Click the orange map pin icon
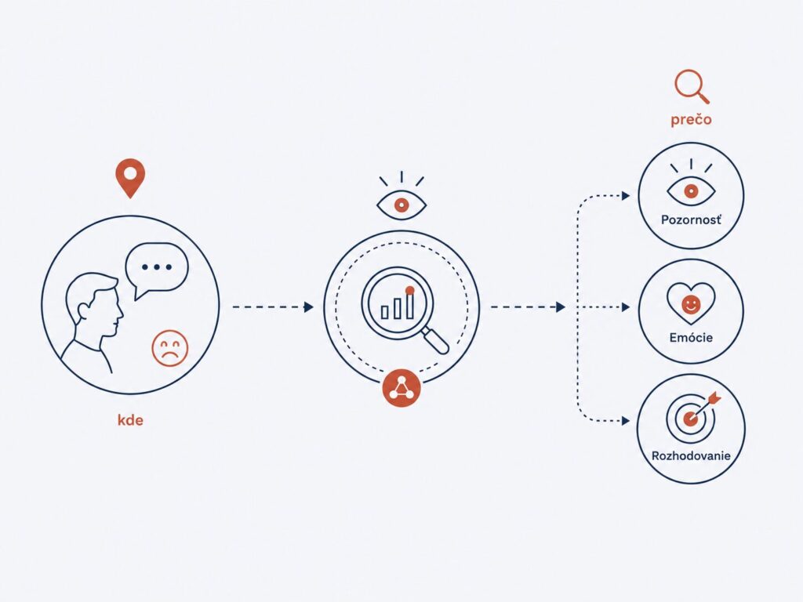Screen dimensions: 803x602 point(130,177)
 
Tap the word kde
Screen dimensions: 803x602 point(131,420)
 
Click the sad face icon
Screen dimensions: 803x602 point(170,348)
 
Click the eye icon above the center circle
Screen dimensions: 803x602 point(401,196)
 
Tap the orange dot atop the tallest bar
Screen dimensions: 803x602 point(409,290)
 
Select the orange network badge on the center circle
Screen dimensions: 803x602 point(401,387)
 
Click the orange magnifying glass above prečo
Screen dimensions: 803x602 point(692,86)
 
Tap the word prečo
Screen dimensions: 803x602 point(691,119)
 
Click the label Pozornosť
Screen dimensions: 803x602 point(691,220)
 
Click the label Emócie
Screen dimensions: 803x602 point(691,337)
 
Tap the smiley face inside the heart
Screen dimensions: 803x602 point(691,305)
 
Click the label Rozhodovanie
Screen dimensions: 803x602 point(691,455)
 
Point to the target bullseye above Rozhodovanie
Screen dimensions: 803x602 point(691,418)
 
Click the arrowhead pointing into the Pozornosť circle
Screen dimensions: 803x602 point(626,195)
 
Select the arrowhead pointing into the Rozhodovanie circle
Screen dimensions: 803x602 point(626,421)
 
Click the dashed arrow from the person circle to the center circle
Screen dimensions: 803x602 point(273,307)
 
